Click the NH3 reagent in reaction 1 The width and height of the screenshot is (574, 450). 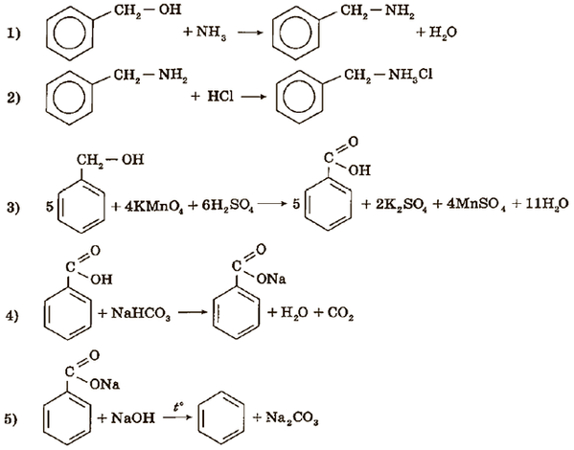pos(211,33)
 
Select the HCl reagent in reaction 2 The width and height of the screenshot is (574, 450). pos(220,97)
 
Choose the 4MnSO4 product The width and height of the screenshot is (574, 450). pos(476,205)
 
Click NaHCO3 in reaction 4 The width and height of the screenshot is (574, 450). pos(140,314)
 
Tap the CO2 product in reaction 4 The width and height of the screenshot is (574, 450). pos(341,314)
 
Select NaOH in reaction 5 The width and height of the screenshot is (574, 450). pos(132,417)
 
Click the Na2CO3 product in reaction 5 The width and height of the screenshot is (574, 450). pos(291,417)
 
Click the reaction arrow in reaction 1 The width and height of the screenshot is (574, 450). pos(251,33)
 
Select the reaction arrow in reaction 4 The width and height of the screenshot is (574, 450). pos(193,313)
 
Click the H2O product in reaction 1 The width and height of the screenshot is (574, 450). pos(443,33)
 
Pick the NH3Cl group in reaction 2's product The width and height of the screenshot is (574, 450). pos(410,76)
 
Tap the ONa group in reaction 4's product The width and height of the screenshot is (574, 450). pos(271,279)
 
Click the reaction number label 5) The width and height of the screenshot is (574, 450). pos(11,419)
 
